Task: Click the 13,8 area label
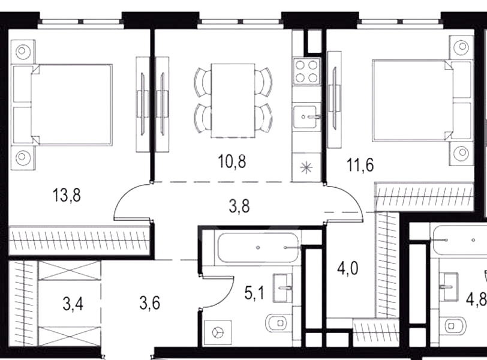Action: [67, 196]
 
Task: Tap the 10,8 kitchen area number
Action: [232, 161]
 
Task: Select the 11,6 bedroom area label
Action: [360, 164]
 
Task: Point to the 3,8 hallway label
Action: [239, 206]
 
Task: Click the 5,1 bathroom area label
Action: [254, 293]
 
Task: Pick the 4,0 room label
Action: [348, 268]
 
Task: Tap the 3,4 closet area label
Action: [73, 304]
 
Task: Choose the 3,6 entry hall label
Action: [150, 303]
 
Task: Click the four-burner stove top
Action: [306, 71]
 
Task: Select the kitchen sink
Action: [306, 117]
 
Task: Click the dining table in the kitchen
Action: [233, 100]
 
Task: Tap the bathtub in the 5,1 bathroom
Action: [258, 248]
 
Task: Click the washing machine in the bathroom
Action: [218, 333]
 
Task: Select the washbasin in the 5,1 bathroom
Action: [282, 287]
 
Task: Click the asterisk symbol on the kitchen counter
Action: [306, 168]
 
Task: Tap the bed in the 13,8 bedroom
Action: [62, 104]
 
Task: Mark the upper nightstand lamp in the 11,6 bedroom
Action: [461, 47]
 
